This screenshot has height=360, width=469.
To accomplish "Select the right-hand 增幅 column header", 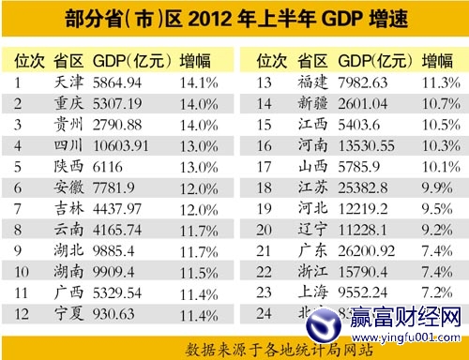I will pyautogui.click(x=437, y=61).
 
